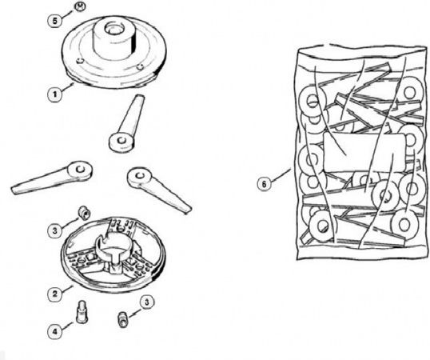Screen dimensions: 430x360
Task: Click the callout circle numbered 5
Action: point(55,21)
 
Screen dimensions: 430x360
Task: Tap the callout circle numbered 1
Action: point(55,94)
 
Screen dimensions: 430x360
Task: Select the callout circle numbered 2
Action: point(55,294)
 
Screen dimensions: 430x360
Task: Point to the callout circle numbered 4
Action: point(55,331)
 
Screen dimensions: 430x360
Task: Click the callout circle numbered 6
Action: point(264,184)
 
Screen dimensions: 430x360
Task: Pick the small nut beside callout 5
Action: point(80,6)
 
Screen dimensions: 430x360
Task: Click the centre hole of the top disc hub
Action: point(113,28)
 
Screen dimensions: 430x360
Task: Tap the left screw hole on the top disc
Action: point(79,61)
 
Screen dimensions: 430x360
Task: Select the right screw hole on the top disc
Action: point(140,66)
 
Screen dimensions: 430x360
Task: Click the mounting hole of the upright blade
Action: point(121,141)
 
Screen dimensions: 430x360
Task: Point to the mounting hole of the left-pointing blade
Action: point(80,170)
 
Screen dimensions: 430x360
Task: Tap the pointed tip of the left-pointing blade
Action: point(12,190)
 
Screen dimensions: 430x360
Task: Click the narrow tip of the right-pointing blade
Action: point(189,210)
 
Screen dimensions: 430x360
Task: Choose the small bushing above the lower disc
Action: point(84,212)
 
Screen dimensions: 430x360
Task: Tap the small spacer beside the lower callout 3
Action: point(122,319)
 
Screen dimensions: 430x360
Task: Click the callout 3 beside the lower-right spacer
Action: point(147,302)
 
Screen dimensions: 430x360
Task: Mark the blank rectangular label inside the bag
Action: point(364,153)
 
